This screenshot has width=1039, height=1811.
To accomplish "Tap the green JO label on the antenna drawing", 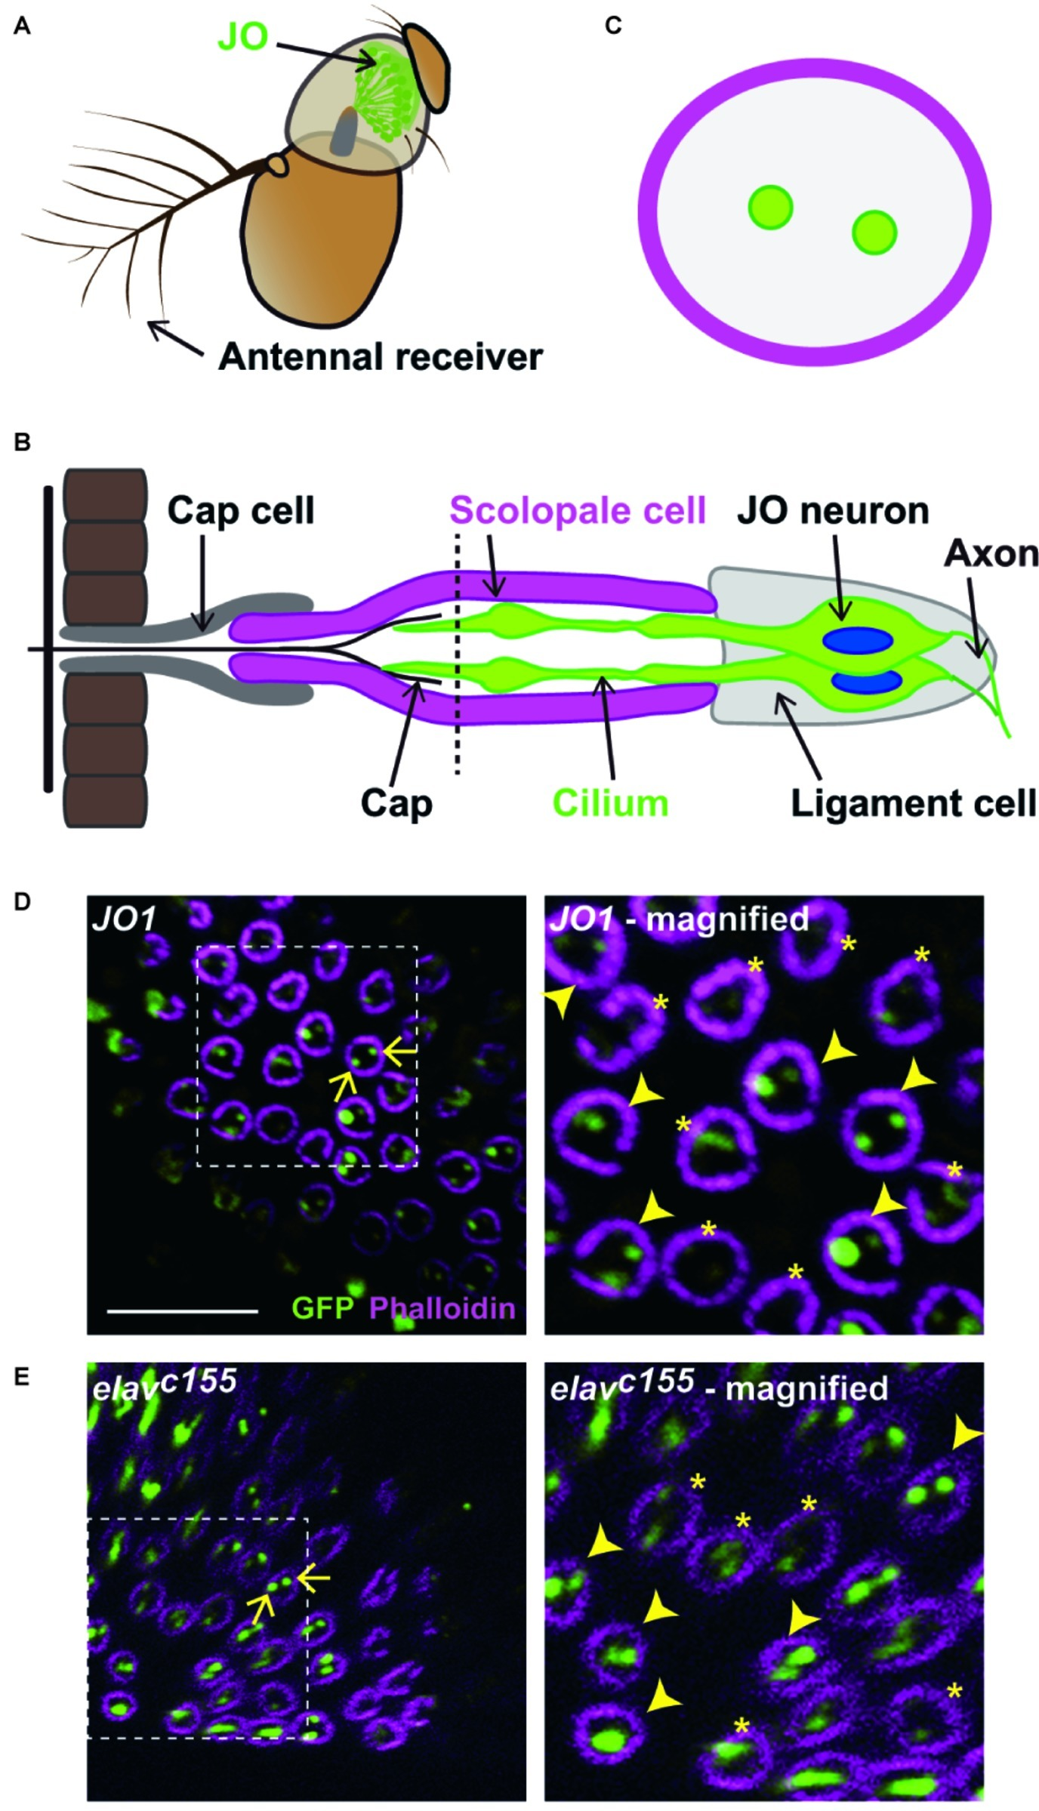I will coord(242,37).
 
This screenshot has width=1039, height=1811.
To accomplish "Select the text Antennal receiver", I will coord(380,356).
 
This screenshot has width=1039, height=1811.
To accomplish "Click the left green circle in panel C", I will coord(770,207).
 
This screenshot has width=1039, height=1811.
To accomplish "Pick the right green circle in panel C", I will coord(874,233).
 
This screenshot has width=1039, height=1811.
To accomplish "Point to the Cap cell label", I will coord(240,511).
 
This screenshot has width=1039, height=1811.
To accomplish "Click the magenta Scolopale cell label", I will coord(578,511).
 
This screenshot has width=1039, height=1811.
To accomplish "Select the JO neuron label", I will coord(833,511).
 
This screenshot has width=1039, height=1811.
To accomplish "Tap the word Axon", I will coord(991,555).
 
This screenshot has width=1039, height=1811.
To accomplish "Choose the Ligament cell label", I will coord(914,803).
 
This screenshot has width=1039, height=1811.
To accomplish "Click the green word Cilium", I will coord(611,803).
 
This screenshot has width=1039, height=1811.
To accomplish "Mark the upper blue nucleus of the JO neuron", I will coord(858,641).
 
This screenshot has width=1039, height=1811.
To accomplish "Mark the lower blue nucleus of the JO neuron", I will coord(867,681).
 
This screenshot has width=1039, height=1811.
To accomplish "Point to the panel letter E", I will coord(23,1375).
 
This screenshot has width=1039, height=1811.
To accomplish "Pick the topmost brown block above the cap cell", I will coord(106,494).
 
